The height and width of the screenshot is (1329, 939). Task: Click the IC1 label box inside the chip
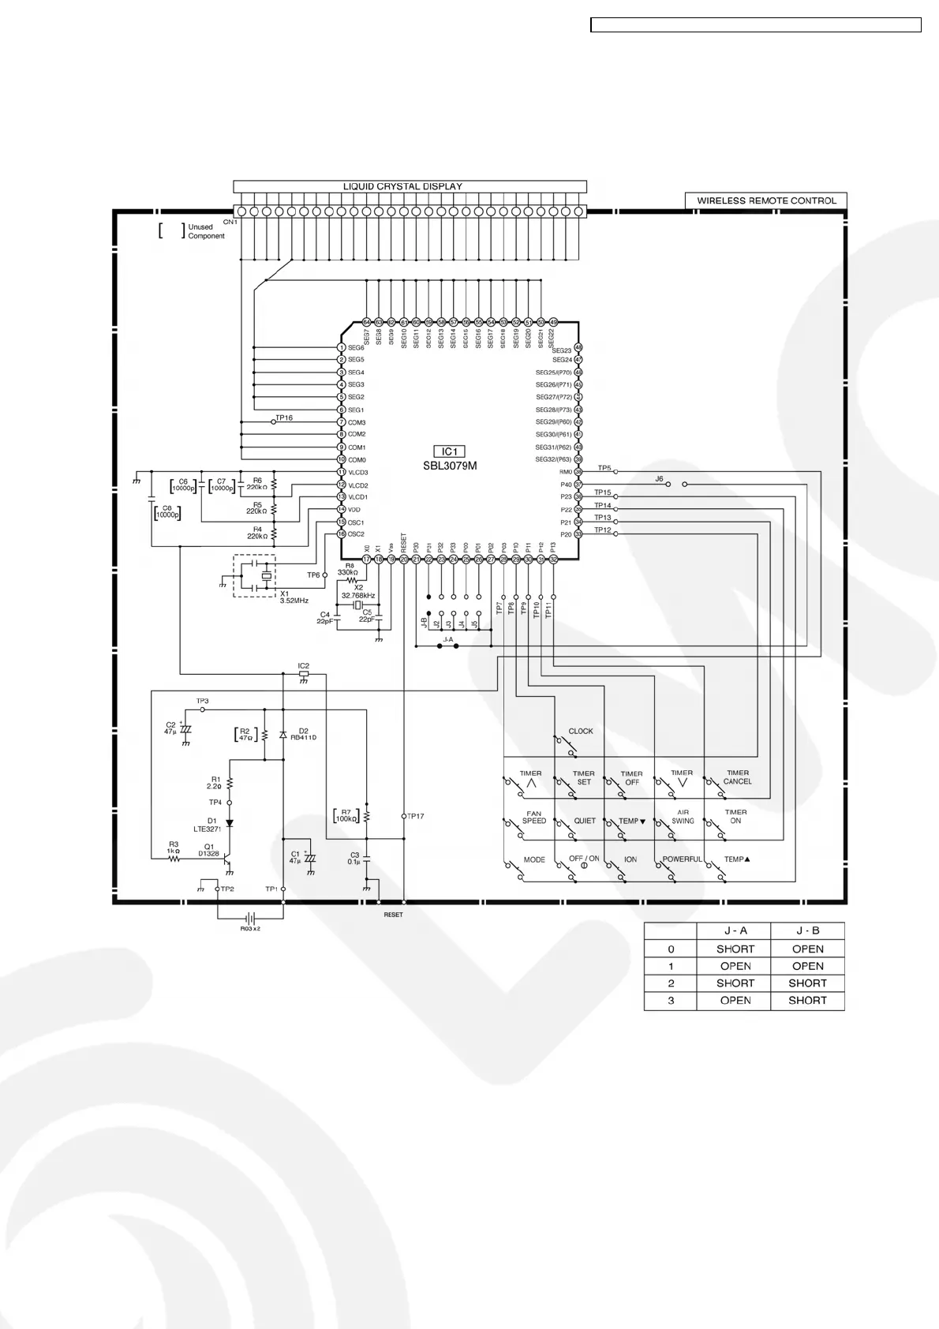tap(449, 451)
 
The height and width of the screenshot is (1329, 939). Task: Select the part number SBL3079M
tap(450, 466)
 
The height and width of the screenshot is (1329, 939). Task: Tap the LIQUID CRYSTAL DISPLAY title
tap(402, 186)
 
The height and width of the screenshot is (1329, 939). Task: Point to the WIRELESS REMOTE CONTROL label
tap(766, 200)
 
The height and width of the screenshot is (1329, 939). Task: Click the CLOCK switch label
tap(581, 732)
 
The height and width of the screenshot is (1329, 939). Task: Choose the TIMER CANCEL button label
tap(738, 777)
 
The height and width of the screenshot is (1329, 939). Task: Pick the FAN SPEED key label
tap(534, 817)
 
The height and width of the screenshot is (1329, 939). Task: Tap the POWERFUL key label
tap(682, 859)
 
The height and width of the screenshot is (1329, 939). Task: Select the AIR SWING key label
tap(683, 817)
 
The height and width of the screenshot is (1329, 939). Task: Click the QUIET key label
tap(585, 821)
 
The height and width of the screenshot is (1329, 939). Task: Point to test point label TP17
tap(416, 816)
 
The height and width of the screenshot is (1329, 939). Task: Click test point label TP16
tap(284, 417)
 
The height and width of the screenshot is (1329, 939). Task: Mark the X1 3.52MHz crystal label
tap(294, 597)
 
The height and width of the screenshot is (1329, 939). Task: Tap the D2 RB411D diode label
tap(302, 734)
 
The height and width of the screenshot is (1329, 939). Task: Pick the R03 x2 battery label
tap(250, 929)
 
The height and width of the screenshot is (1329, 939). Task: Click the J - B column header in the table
tap(807, 931)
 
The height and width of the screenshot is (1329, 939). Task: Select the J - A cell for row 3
tap(735, 1000)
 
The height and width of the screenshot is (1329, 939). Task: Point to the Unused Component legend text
tap(206, 231)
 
